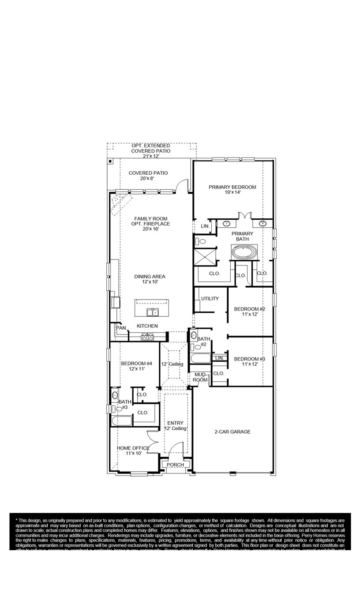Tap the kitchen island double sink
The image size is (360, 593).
click(153, 312)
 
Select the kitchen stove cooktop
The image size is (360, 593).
click(147, 337)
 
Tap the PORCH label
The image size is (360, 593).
click(175, 465)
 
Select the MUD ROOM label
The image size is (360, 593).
click(200, 377)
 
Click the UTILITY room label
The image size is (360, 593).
click(210, 299)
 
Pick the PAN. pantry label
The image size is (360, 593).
click(121, 328)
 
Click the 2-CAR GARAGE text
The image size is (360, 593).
click(232, 432)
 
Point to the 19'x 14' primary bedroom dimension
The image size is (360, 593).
click(232, 193)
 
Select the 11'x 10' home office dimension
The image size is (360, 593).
click(133, 453)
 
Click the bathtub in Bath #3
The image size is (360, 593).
click(121, 421)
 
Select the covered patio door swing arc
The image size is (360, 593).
click(182, 185)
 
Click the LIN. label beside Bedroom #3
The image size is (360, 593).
click(219, 358)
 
